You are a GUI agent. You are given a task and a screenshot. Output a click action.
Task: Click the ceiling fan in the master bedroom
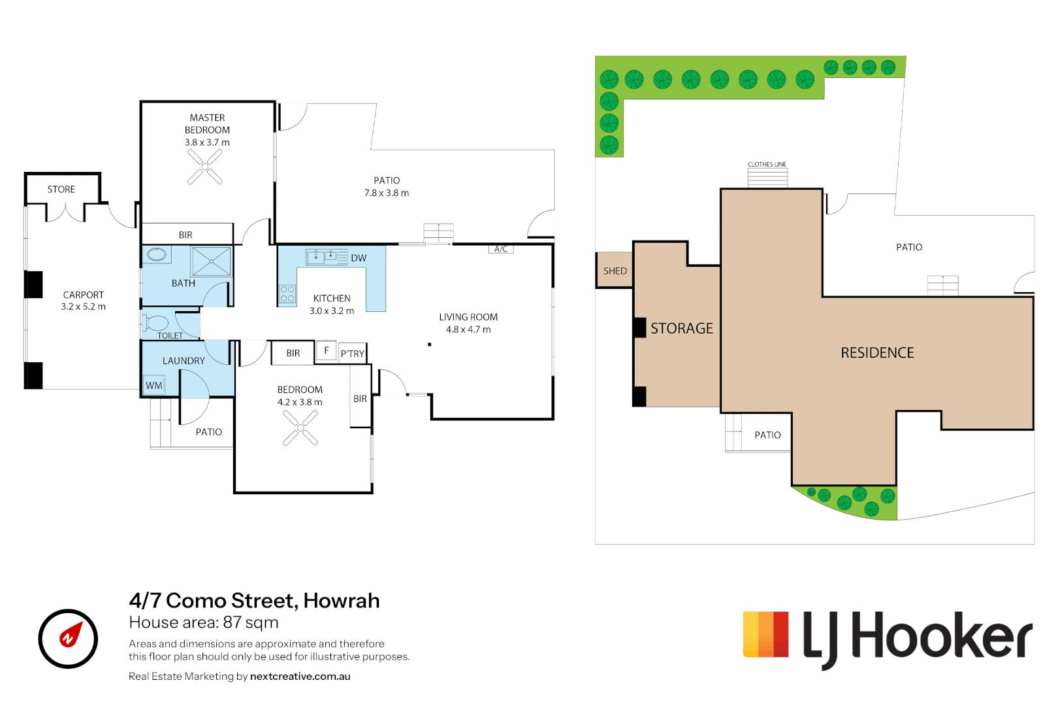205,167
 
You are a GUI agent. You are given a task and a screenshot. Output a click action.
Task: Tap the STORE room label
61,190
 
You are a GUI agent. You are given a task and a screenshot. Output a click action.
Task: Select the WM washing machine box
154,386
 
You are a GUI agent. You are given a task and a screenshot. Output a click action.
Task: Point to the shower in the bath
211,261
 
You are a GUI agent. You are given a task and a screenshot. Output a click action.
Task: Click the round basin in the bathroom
157,254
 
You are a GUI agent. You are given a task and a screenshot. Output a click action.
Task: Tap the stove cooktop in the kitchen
287,294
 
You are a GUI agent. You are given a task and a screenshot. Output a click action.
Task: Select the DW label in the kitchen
359,258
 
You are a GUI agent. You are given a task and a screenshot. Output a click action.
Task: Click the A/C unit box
501,249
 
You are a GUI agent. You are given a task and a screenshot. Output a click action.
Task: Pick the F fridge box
327,351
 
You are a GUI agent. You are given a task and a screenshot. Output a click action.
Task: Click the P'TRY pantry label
353,354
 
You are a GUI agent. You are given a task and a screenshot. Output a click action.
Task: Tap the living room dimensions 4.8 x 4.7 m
468,329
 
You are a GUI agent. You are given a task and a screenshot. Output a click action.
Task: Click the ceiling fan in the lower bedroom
300,428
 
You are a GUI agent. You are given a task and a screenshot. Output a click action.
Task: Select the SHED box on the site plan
615,271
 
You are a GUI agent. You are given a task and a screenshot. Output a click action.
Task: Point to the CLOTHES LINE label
767,164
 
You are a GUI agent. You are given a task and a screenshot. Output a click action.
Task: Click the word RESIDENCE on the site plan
877,353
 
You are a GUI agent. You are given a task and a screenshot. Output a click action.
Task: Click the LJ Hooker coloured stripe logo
765,634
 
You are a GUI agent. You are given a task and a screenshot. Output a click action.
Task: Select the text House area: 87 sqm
204,622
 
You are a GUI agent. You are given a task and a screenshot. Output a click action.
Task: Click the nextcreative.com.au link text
300,677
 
